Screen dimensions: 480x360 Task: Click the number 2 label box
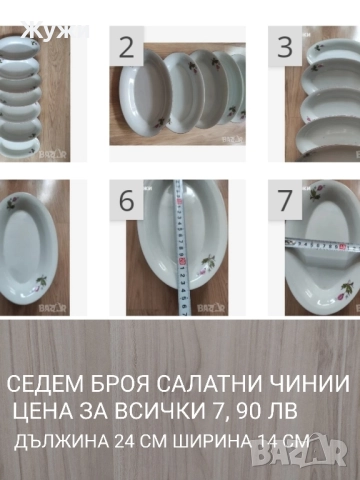click(127, 47)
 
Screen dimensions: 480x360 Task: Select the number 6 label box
click(127, 199)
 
